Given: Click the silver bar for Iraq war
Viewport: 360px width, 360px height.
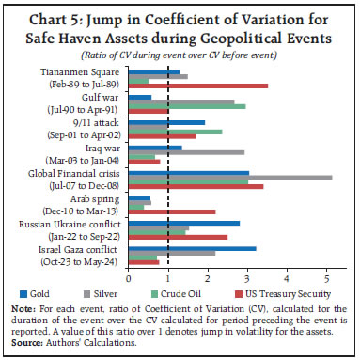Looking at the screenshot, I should point(189,151).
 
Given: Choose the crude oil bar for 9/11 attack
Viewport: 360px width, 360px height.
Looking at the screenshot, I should point(179,132).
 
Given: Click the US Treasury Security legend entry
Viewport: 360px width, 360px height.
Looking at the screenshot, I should point(293,294).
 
